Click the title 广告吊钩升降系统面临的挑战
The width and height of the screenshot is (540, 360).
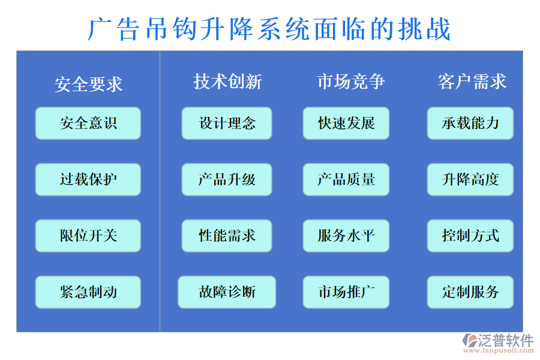[269, 29]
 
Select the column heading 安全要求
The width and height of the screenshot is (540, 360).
[88, 84]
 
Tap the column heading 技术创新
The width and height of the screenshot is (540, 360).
[227, 82]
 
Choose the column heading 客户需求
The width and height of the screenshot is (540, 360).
[472, 82]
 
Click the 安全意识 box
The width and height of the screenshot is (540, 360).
[88, 124]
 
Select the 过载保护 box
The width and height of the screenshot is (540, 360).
[88, 179]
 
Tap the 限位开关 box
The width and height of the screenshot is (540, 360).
[88, 236]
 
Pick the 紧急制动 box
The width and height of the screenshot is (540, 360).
[88, 292]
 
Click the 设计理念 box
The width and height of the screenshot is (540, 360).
[227, 124]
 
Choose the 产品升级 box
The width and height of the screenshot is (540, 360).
[227, 179]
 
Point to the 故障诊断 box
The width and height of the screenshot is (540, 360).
[227, 292]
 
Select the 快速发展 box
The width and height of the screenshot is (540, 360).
[346, 124]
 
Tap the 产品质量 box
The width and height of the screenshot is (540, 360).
[346, 179]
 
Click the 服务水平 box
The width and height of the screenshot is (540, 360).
[346, 236]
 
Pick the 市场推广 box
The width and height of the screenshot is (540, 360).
[346, 292]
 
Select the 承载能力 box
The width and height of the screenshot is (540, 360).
[470, 124]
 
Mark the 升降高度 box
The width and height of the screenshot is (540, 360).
[470, 179]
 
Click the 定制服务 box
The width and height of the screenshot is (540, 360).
[470, 292]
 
